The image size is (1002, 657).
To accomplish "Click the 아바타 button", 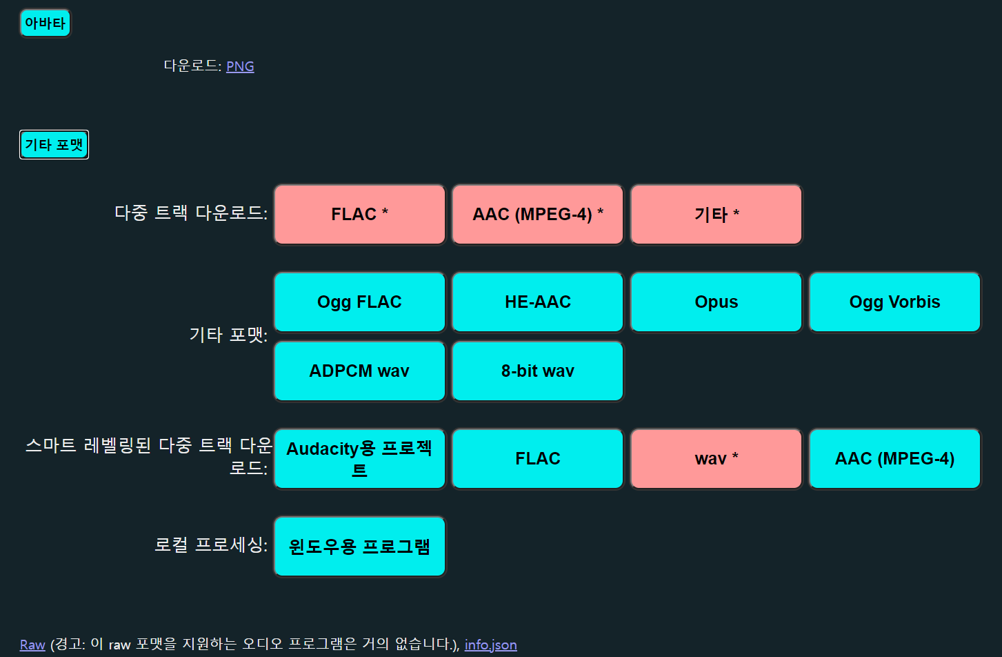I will click(x=45, y=23).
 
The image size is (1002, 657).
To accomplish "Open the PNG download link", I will click(x=240, y=66).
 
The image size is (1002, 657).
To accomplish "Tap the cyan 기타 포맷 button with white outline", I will click(x=54, y=145).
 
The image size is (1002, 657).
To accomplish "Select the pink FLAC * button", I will click(x=359, y=214).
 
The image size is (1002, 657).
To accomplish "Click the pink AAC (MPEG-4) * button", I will click(x=537, y=214).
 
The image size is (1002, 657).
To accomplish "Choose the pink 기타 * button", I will click(x=716, y=214).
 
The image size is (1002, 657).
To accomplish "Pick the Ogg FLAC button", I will click(x=359, y=302).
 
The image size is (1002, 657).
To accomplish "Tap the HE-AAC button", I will click(x=537, y=302).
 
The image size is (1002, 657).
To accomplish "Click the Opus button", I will click(x=716, y=302).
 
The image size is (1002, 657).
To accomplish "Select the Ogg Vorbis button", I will click(x=894, y=302).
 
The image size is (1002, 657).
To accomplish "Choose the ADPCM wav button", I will click(x=359, y=371).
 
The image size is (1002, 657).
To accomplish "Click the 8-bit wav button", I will click(x=537, y=371).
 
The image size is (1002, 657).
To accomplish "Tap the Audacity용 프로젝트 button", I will click(x=359, y=459).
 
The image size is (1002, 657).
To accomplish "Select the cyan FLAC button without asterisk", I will click(x=537, y=459).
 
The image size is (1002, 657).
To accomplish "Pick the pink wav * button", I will click(x=716, y=459).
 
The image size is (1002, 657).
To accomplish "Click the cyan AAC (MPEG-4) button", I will click(x=894, y=459).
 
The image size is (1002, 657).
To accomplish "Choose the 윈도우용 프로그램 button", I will click(x=359, y=547).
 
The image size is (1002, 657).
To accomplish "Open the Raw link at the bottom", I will click(x=32, y=645).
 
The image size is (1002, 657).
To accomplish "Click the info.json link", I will click(x=490, y=645).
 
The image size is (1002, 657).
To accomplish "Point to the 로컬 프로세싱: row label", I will click(x=211, y=545).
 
